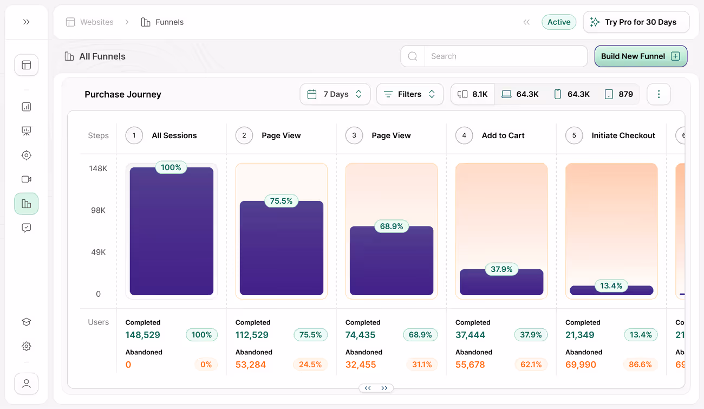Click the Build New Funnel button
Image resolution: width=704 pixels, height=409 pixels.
point(640,56)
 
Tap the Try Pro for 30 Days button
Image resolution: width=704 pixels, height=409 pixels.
point(636,22)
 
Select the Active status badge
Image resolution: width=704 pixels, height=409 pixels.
point(558,22)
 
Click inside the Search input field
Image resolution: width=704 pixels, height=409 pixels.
point(505,56)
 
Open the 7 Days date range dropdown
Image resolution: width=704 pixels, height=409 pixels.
point(335,94)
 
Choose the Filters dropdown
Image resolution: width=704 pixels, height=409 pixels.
point(409,94)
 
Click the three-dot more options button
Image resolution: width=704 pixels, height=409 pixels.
point(659,94)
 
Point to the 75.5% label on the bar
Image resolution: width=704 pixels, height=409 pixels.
point(282,201)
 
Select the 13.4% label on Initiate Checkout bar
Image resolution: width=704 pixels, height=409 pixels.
point(611,285)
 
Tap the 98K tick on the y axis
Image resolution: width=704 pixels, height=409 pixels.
point(98,210)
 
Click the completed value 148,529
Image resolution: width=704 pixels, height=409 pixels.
point(143,335)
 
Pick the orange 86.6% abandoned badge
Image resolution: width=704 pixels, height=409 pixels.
point(641,365)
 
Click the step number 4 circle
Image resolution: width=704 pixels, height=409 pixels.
point(464,135)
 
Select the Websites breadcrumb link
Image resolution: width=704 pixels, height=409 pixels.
point(96,22)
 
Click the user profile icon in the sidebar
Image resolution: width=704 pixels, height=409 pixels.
point(26,384)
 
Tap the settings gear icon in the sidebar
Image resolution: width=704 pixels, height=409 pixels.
point(26,346)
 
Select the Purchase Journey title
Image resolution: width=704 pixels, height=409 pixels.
point(123,94)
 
